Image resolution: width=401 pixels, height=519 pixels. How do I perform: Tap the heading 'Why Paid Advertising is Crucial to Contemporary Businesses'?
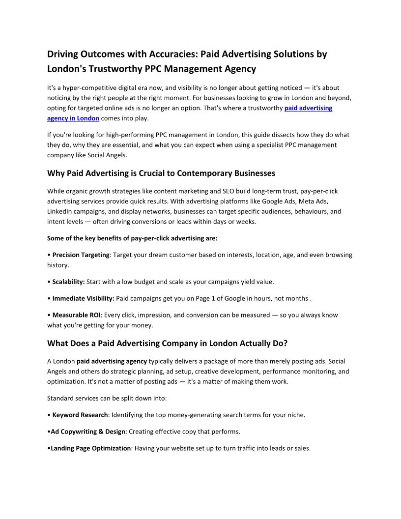(161, 173)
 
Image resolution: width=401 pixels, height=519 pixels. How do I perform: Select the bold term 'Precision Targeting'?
(81, 255)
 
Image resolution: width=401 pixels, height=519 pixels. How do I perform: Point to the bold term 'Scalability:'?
(68, 282)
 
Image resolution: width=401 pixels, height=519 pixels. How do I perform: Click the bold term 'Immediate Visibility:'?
(83, 298)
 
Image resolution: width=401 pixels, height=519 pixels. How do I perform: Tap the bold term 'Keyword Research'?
(80, 415)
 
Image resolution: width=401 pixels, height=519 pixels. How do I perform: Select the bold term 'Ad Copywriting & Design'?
(88, 432)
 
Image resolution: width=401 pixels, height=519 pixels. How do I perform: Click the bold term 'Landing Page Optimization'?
(90, 448)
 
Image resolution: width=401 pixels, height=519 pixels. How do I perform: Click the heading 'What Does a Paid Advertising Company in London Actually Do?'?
(167, 343)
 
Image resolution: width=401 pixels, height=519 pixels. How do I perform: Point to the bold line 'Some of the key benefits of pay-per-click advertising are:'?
(132, 238)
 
